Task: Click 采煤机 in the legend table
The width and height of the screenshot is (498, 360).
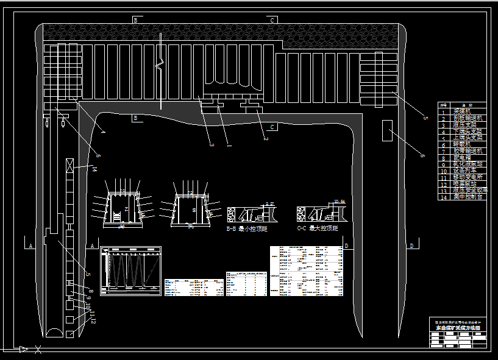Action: pyautogui.click(x=468, y=111)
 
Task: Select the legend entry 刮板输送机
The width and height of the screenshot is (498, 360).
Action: pyautogui.click(x=468, y=118)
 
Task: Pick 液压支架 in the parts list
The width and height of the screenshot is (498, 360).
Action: pyautogui.click(x=468, y=124)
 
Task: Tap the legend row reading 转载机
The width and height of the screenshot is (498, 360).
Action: pyautogui.click(x=468, y=143)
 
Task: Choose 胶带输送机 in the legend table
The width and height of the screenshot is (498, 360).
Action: pyautogui.click(x=468, y=150)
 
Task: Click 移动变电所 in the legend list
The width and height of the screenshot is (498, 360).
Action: pyautogui.click(x=468, y=176)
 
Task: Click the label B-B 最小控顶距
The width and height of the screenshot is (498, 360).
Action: pyautogui.click(x=246, y=228)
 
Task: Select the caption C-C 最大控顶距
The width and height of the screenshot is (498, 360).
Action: pyautogui.click(x=318, y=228)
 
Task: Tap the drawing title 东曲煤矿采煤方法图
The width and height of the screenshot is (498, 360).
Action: pyautogui.click(x=458, y=328)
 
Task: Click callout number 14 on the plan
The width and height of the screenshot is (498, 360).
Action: pyautogui.click(x=94, y=169)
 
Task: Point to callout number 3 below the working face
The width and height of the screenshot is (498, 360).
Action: pyautogui.click(x=212, y=144)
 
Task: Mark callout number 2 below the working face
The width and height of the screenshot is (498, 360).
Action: pyautogui.click(x=266, y=138)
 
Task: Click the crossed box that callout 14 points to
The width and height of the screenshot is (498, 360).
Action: pyautogui.click(x=70, y=164)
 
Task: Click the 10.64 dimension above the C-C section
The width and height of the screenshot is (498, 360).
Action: pyautogui.click(x=340, y=201)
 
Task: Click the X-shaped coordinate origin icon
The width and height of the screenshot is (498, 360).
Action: pyautogui.click(x=38, y=350)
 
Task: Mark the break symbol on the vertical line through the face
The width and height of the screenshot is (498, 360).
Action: pyautogui.click(x=160, y=63)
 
